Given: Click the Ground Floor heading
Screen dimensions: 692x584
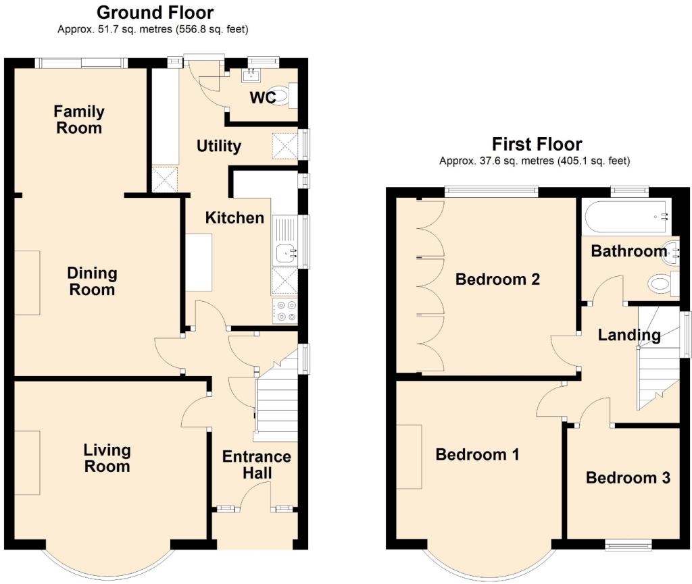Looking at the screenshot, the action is point(155,12).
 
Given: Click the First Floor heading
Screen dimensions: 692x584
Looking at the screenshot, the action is point(537,144).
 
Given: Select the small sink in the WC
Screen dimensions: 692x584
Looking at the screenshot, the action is point(251,76).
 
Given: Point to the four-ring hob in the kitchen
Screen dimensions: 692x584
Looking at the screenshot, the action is point(285,311).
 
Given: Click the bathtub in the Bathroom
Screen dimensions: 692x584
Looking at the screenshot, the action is point(626,217).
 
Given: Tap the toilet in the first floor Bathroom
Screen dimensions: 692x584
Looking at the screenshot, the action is point(663,283).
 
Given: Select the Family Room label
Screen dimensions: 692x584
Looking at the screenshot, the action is point(79,120).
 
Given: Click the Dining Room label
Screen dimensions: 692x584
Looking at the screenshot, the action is point(92,282).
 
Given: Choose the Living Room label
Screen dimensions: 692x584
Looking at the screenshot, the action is point(107,458).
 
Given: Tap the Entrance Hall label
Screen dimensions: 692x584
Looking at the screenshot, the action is point(256,464).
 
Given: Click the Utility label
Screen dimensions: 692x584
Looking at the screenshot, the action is point(219,146).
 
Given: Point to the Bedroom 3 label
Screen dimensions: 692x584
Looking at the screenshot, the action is point(628,478).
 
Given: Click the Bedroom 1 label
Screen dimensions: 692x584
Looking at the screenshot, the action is point(477,454).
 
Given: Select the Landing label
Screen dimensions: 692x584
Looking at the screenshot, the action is point(629,335).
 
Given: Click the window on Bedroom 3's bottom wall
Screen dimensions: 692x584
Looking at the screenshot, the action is point(628,546).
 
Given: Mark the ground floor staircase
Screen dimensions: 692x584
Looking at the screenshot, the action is point(276,397).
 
